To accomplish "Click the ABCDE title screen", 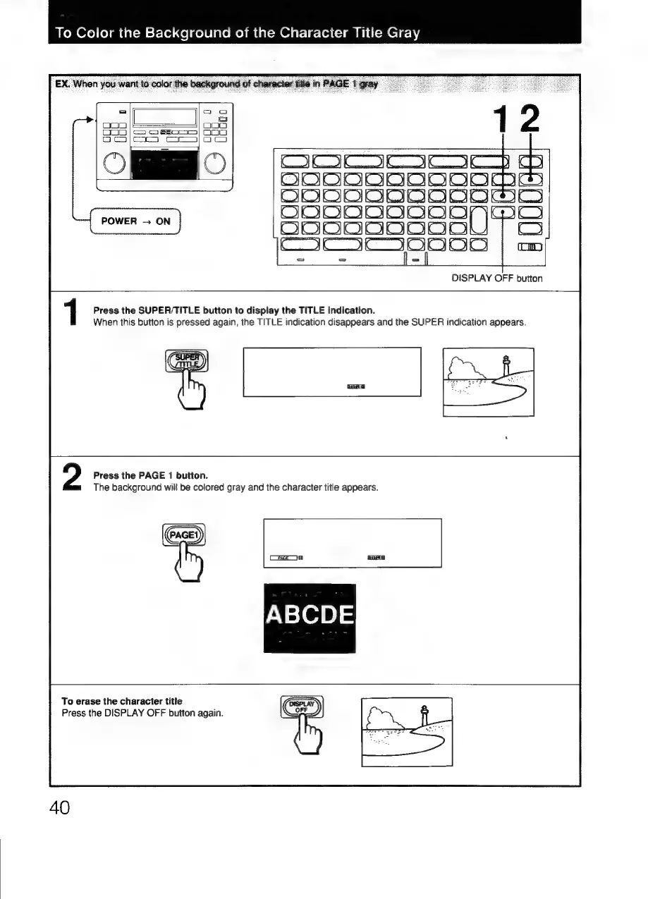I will tap(310, 618).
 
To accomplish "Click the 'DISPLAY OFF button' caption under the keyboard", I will tap(497, 278).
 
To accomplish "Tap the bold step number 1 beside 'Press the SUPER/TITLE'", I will tap(71, 314).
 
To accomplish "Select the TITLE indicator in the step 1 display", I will tap(357, 386).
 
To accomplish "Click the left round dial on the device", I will tap(114, 164).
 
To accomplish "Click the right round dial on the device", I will tap(214, 164).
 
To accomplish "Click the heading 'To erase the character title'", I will tap(121, 702).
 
